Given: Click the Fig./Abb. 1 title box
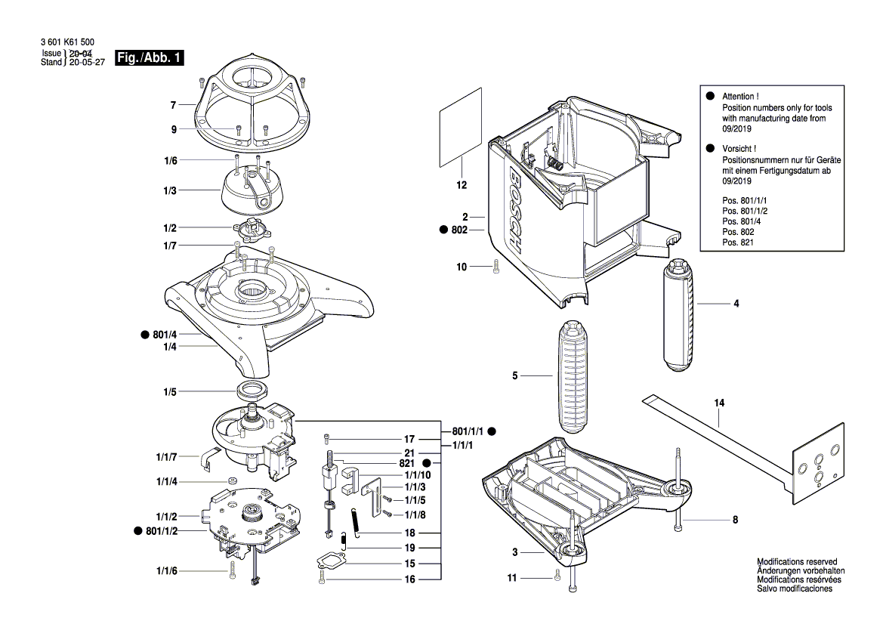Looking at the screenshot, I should tap(149, 58).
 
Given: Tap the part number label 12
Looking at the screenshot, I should tap(462, 184).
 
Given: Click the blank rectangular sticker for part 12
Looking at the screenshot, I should tap(461, 126).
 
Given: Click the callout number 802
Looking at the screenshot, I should tap(459, 230).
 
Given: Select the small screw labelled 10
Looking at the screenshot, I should tap(495, 266).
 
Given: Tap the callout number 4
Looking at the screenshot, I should tap(735, 304).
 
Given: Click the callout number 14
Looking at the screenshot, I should tap(719, 404).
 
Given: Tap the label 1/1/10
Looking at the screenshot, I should tap(416, 474).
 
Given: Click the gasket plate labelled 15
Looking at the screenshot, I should tap(330, 563).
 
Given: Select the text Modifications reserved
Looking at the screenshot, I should tap(796, 562).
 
